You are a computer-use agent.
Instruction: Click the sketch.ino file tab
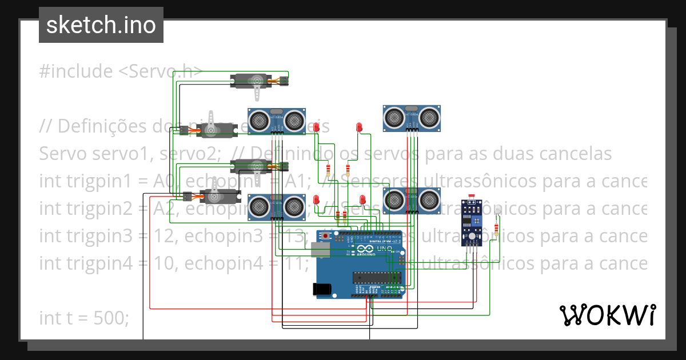tap(101, 25)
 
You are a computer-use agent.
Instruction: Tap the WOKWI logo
tap(607, 315)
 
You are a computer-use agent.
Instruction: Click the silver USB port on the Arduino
tap(321, 249)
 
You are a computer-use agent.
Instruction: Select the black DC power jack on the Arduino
tap(322, 289)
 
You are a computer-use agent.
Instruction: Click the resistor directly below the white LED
tap(496, 230)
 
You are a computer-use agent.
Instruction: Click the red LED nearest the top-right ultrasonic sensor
tap(359, 127)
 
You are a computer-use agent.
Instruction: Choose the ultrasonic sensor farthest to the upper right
tap(412, 118)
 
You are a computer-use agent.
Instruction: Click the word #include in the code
tap(76, 71)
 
